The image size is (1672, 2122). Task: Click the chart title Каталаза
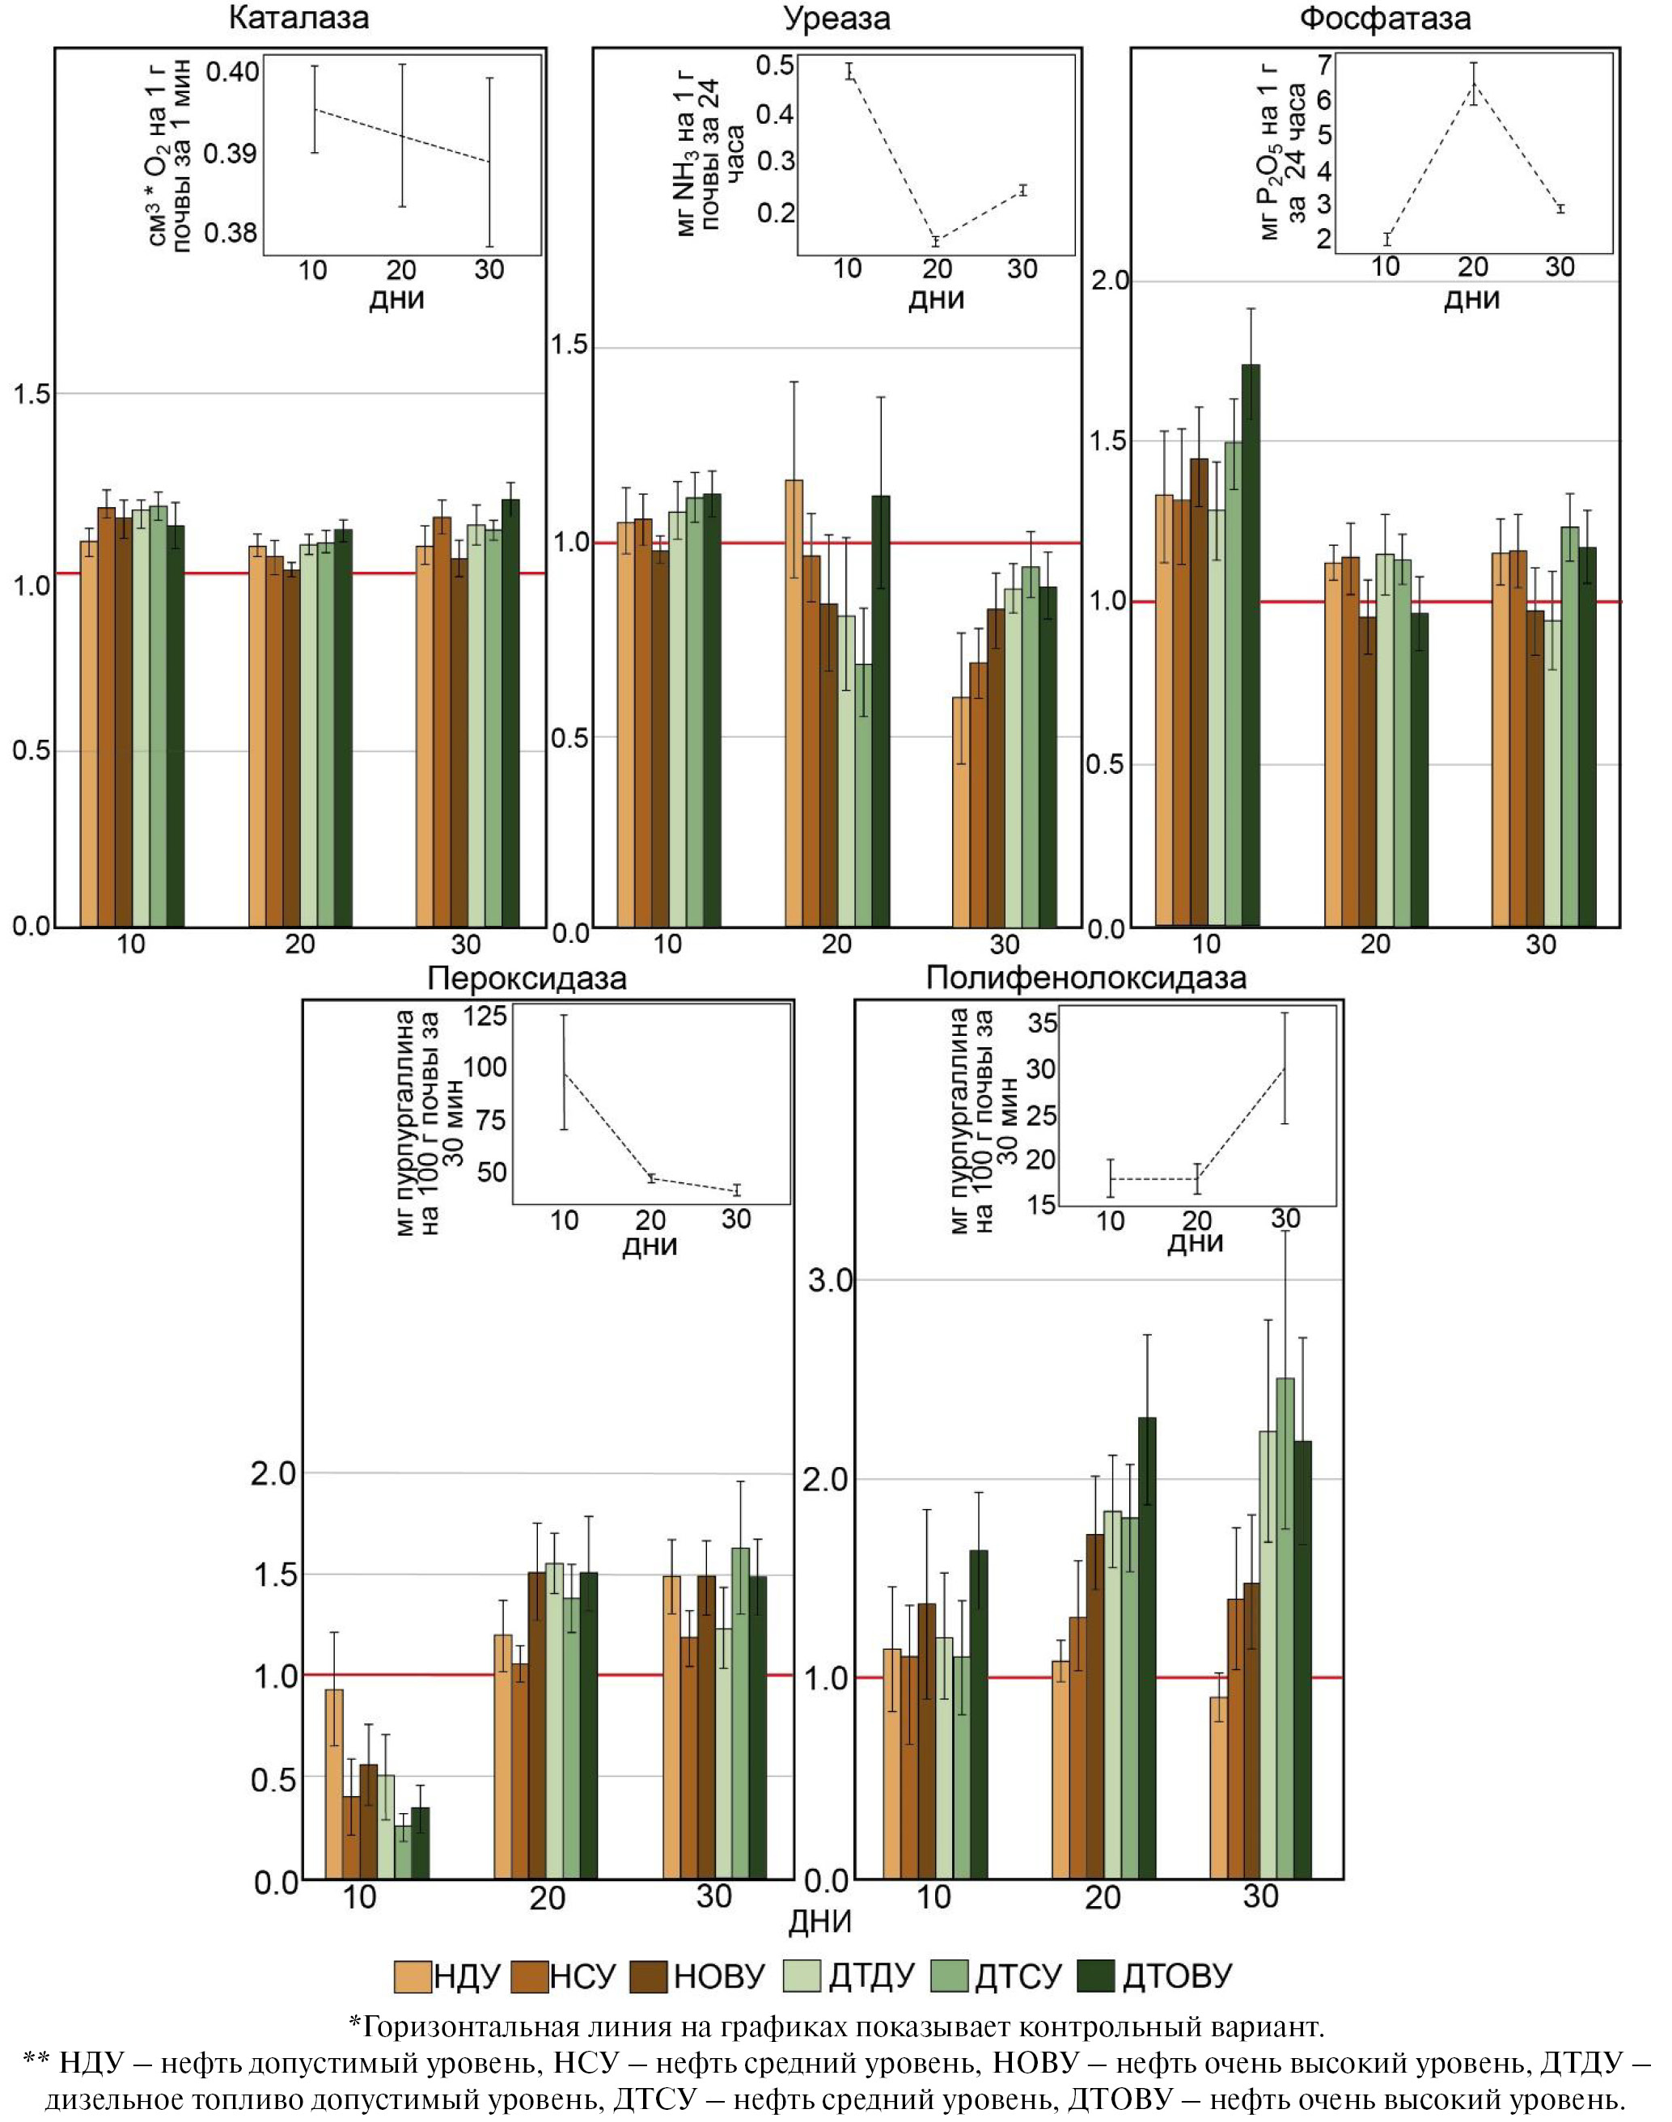point(298,18)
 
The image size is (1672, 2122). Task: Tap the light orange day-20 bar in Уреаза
point(794,704)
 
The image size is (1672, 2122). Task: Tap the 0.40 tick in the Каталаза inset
point(232,71)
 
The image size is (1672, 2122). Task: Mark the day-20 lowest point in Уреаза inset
point(936,241)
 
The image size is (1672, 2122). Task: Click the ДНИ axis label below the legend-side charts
point(820,1921)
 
